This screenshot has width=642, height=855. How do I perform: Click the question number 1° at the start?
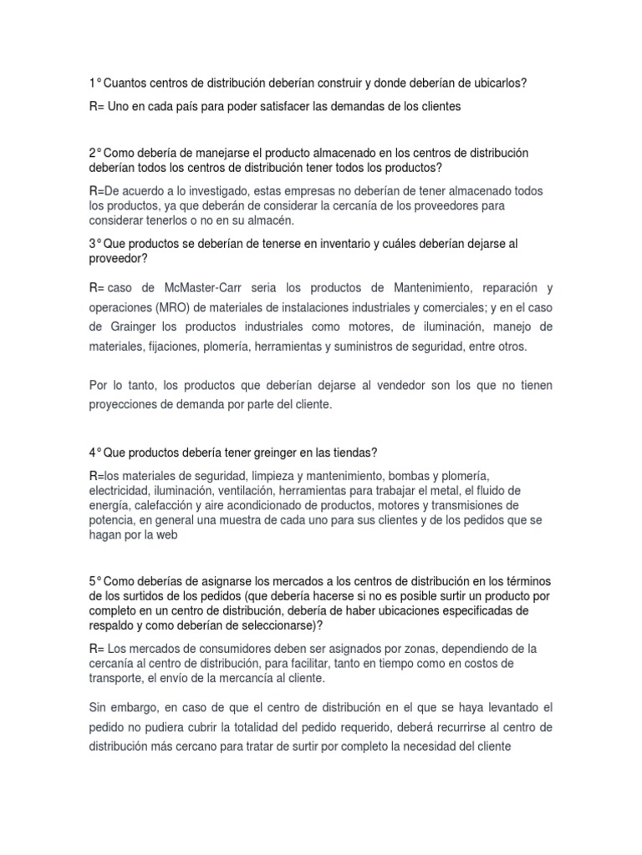click(x=94, y=83)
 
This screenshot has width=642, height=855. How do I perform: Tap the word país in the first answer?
click(x=196, y=107)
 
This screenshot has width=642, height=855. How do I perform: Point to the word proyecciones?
click(x=124, y=404)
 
